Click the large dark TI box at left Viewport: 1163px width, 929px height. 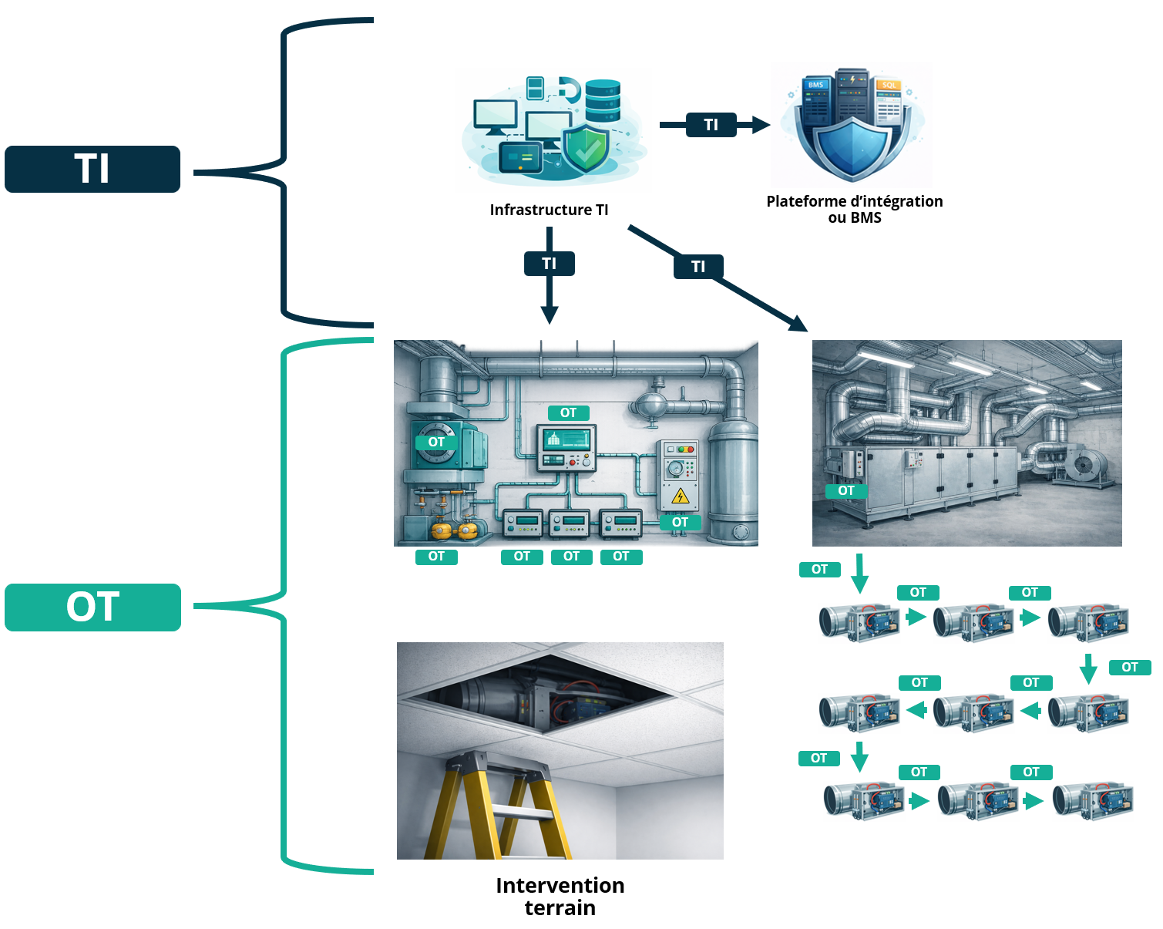tap(92, 169)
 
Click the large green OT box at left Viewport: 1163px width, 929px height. tap(92, 607)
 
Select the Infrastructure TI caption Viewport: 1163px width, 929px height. tap(549, 210)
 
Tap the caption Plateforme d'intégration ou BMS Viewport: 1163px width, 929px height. tap(854, 209)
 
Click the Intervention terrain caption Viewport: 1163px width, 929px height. tap(560, 896)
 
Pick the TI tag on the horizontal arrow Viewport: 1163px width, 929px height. tap(711, 125)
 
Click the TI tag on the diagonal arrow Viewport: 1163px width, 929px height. tap(698, 267)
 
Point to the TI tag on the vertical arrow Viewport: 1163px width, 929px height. tap(549, 264)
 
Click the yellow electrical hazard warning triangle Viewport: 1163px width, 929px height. tap(680, 495)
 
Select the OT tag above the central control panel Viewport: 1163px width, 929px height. tap(568, 412)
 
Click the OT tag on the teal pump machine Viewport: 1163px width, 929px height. tap(436, 442)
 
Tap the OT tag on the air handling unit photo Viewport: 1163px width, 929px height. tap(845, 490)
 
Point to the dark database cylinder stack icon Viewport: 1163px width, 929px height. tap(603, 100)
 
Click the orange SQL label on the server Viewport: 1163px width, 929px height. tap(889, 85)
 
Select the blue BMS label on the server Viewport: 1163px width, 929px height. tap(815, 85)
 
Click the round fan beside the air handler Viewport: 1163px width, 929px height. tap(1084, 466)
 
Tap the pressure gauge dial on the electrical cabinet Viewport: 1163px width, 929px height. tap(674, 468)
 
